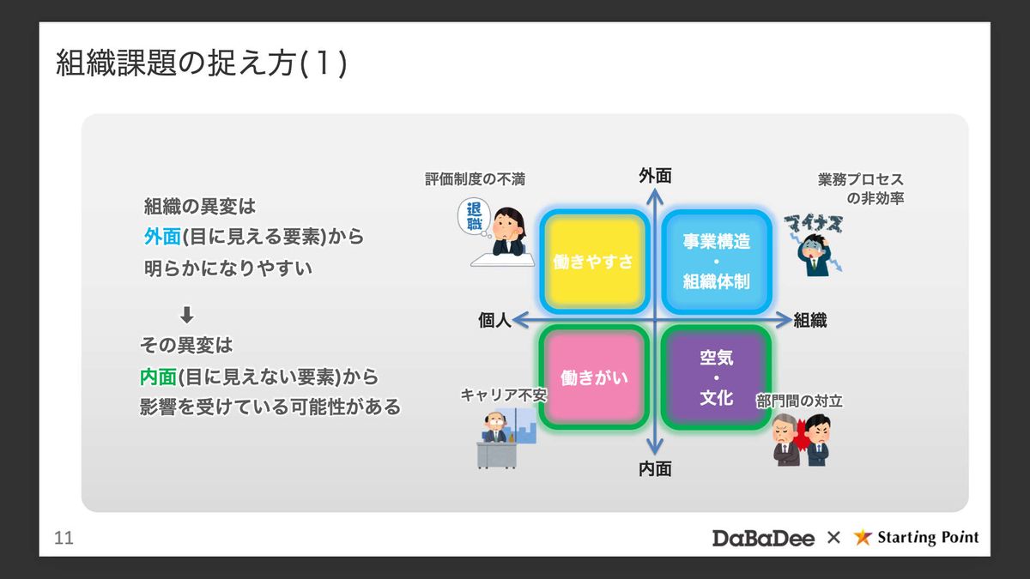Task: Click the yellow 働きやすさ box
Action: pos(593,262)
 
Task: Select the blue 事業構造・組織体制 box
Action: pos(716,261)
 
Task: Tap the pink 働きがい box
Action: pos(593,377)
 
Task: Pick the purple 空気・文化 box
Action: pos(716,377)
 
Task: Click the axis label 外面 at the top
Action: pos(655,176)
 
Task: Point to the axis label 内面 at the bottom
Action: pos(655,468)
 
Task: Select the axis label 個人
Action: pos(494,321)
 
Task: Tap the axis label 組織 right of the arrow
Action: pos(809,321)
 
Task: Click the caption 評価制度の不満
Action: pos(475,179)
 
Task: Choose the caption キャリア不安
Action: pos(503,395)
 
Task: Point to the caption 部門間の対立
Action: pos(799,401)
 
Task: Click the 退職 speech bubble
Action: pos(474,217)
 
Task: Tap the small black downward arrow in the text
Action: pos(187,314)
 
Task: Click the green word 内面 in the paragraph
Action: pos(158,377)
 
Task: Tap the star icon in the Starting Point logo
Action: pos(863,538)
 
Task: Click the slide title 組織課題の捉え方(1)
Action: pos(202,64)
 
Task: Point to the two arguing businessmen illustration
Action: pos(802,438)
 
